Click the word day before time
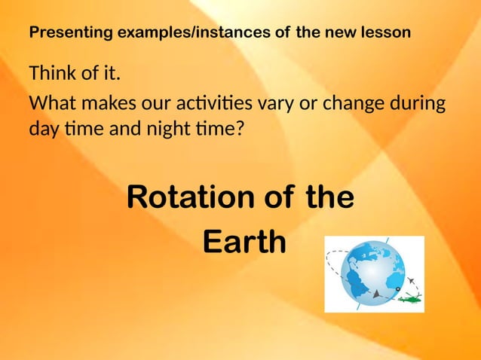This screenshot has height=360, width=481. [44, 129]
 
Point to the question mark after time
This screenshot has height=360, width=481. [240, 129]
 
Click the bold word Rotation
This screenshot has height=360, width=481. [190, 197]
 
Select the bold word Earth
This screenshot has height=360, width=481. [245, 243]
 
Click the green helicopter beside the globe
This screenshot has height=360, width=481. [410, 299]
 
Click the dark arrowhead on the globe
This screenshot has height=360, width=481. [375, 294]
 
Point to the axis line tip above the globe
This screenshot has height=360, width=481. [388, 240]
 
